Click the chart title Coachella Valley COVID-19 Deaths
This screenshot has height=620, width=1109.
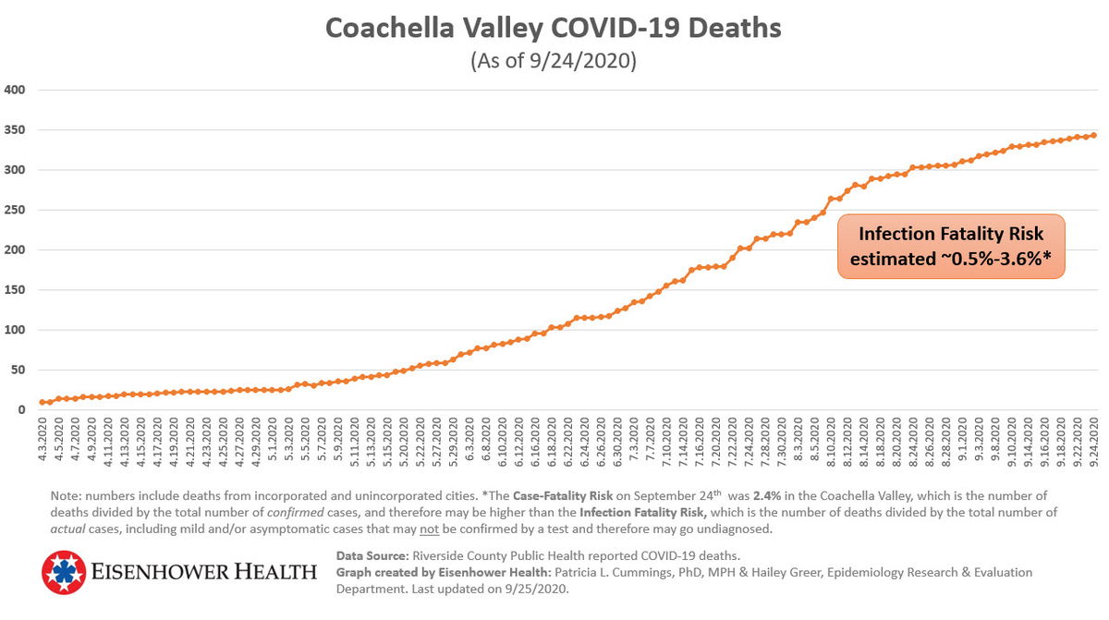(553, 28)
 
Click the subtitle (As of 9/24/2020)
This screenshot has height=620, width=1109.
(553, 61)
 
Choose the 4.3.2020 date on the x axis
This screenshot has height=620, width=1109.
(43, 441)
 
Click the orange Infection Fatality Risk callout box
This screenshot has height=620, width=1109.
(951, 247)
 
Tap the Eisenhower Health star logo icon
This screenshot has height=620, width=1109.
(63, 573)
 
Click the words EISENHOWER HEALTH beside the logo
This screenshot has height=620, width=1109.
(203, 573)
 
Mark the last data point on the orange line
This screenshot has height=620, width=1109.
(1094, 135)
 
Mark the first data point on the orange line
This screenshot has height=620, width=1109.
(43, 402)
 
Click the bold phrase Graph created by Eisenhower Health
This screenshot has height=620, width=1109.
(444, 573)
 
